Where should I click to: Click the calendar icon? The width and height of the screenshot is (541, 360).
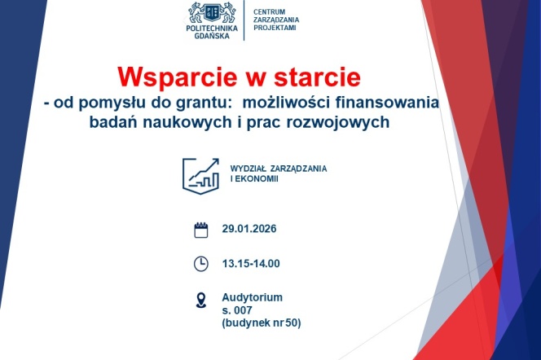[200, 230]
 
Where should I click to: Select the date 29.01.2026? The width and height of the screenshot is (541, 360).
[249, 229]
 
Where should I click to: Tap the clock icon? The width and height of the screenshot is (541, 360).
[200, 263]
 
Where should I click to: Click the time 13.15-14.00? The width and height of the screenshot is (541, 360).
[251, 263]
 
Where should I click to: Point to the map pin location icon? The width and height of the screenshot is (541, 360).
[200, 301]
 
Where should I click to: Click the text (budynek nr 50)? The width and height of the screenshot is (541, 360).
[261, 323]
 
